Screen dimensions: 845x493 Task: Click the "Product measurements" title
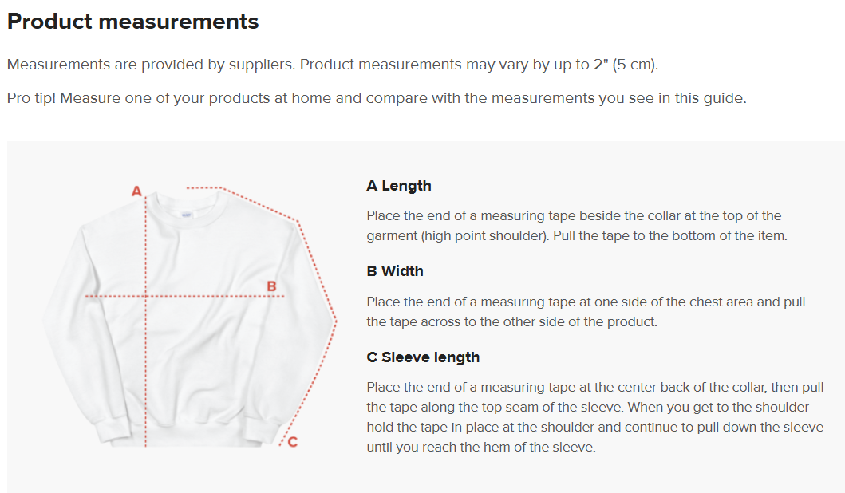click(x=132, y=22)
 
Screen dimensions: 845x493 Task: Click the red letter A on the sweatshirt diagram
click(x=137, y=191)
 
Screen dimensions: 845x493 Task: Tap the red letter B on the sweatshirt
click(x=271, y=286)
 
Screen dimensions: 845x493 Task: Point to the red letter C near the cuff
click(x=293, y=442)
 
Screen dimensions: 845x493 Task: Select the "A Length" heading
click(x=399, y=186)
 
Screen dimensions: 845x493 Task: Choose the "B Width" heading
click(x=395, y=271)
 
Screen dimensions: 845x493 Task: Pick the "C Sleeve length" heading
click(x=423, y=357)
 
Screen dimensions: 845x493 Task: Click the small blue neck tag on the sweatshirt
click(x=187, y=215)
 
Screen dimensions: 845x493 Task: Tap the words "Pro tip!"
click(x=31, y=99)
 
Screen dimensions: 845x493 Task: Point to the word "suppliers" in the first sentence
click(x=262, y=65)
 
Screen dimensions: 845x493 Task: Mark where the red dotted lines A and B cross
click(x=145, y=296)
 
